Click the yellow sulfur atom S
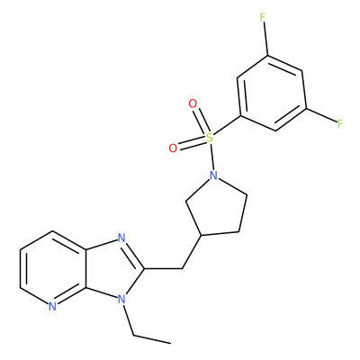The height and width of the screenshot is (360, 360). tap(210, 138)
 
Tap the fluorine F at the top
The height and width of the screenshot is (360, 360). tap(263, 18)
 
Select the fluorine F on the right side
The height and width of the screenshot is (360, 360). tap(339, 123)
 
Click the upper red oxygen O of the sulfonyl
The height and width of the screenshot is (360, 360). tap(193, 104)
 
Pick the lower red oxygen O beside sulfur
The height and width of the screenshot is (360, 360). tap(173, 148)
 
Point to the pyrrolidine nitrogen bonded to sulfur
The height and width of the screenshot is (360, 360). tap(213, 175)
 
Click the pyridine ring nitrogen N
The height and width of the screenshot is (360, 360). tap(52, 306)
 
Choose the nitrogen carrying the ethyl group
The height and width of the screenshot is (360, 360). tap(121, 299)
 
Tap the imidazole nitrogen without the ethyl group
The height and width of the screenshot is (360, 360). tap(121, 238)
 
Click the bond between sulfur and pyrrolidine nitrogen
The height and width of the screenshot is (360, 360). tap(211, 157)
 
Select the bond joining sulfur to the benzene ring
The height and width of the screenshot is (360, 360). tap(226, 126)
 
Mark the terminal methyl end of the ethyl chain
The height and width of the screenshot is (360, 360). tap(170, 343)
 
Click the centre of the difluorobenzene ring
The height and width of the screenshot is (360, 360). tap(272, 93)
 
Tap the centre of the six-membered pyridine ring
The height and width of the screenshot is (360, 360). tap(53, 268)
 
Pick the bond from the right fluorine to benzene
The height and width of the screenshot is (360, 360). tap(320, 115)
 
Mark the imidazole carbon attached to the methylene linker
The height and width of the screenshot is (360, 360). tap(144, 268)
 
